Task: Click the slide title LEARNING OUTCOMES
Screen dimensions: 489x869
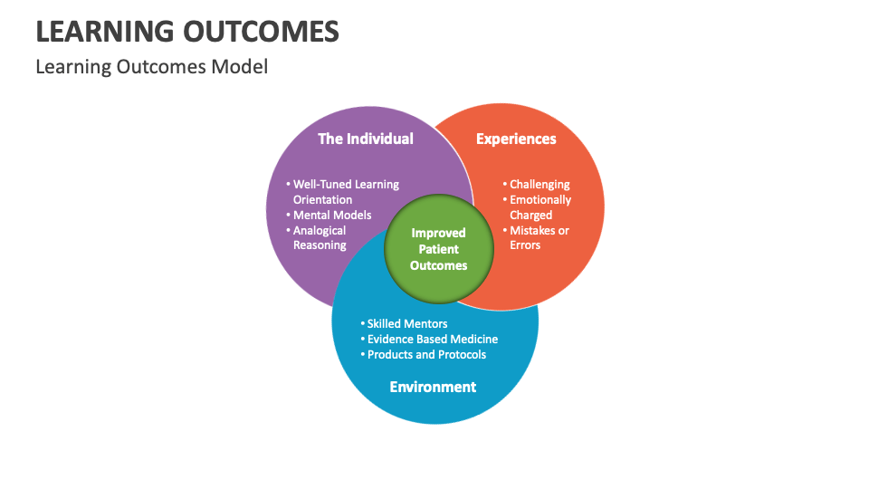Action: pyautogui.click(x=187, y=32)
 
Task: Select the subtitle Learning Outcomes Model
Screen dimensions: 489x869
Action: pyautogui.click(x=151, y=67)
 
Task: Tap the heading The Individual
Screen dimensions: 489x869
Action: pyautogui.click(x=365, y=139)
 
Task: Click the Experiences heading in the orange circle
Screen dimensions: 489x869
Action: pyautogui.click(x=516, y=139)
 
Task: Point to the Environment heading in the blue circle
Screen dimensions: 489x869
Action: pyautogui.click(x=433, y=387)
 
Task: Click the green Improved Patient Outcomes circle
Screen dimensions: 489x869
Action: pyautogui.click(x=439, y=249)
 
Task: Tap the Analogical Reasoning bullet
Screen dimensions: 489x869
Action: pyautogui.click(x=319, y=237)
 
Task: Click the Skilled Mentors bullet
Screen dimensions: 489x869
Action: pyautogui.click(x=406, y=323)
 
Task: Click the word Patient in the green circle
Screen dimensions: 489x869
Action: pyautogui.click(x=439, y=249)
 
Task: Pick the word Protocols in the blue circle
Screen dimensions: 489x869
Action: pyautogui.click(x=460, y=354)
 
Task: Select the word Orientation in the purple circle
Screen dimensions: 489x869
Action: pyautogui.click(x=322, y=199)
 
